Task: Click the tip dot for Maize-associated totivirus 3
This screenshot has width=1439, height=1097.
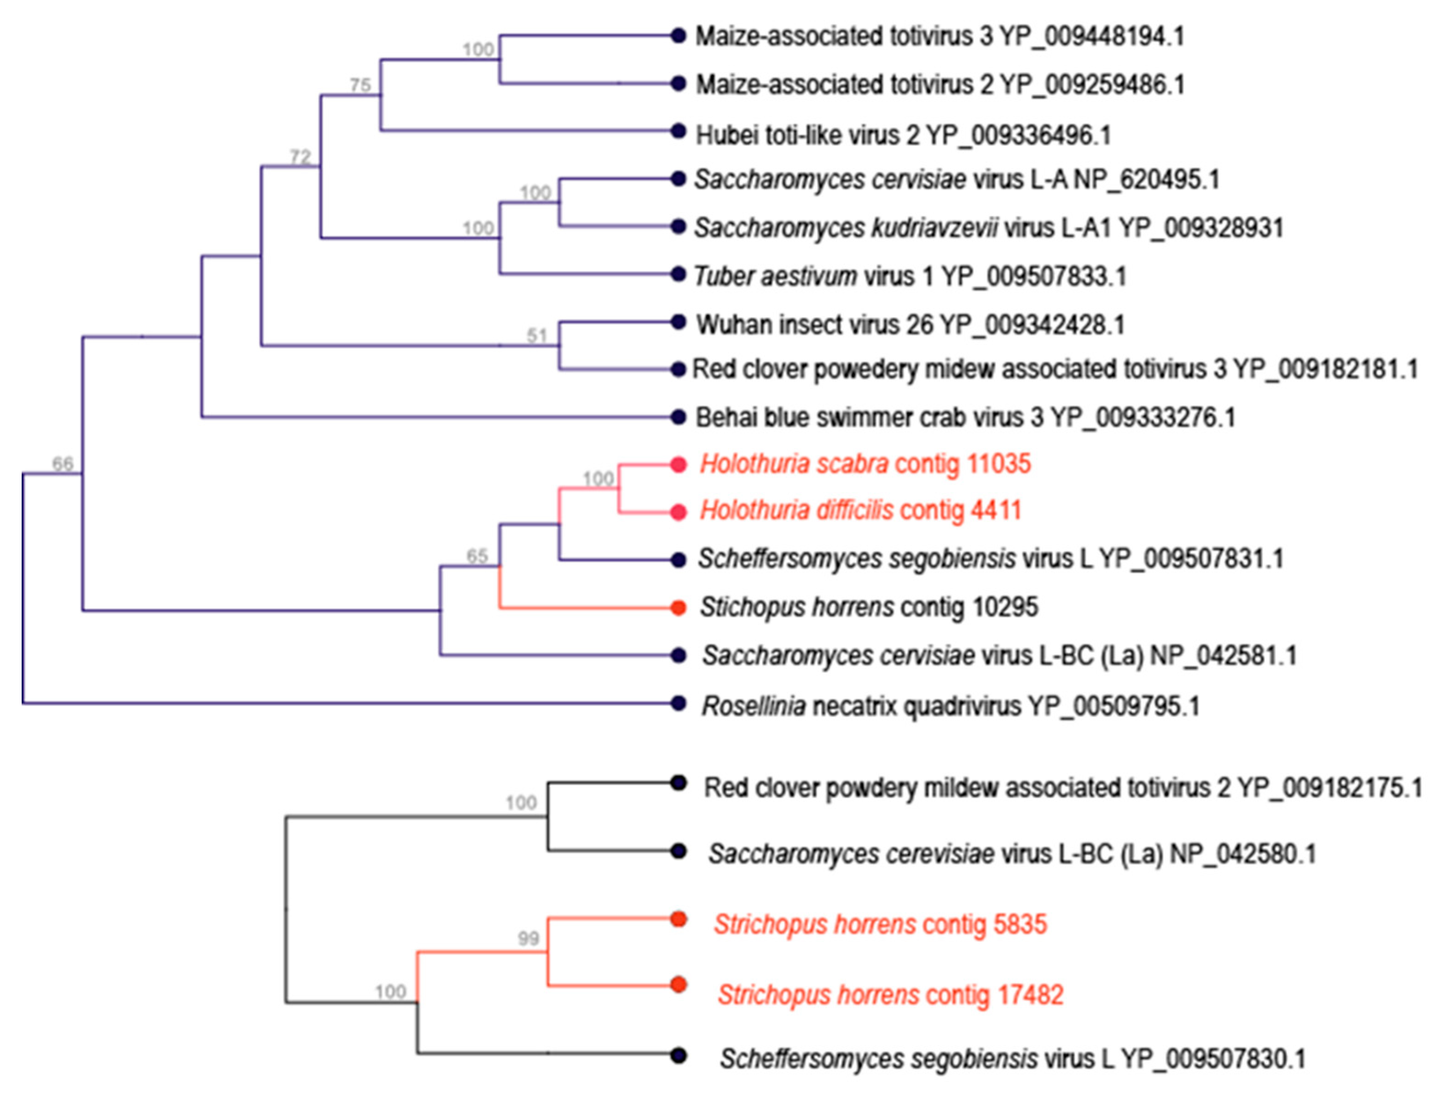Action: pyautogui.click(x=678, y=36)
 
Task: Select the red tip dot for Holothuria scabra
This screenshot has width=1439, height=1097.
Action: pyautogui.click(x=678, y=465)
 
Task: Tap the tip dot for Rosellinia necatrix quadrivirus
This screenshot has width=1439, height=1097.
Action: pyautogui.click(x=678, y=703)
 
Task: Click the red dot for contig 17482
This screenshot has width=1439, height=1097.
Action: pyautogui.click(x=678, y=985)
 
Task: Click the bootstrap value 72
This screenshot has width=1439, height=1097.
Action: pyautogui.click(x=300, y=157)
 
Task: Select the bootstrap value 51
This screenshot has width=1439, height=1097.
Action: pyautogui.click(x=536, y=335)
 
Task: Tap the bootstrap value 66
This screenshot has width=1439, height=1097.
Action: pyautogui.click(x=63, y=464)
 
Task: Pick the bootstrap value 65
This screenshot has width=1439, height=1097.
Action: pyautogui.click(x=477, y=556)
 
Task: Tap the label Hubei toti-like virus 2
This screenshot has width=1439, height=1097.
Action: pyautogui.click(x=807, y=135)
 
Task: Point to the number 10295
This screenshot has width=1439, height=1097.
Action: pyautogui.click(x=1004, y=607)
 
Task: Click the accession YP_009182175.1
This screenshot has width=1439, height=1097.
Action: pyautogui.click(x=1329, y=788)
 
